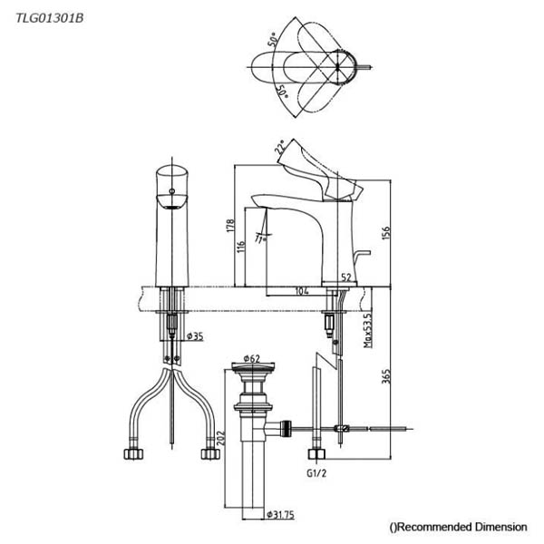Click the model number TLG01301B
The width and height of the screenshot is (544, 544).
(50, 18)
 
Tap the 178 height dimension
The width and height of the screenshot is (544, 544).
(230, 226)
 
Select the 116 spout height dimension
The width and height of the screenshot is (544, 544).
(241, 247)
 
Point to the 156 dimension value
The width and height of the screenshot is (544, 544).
(385, 232)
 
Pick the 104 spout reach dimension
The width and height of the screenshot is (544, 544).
(302, 291)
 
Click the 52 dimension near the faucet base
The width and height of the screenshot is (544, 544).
(346, 277)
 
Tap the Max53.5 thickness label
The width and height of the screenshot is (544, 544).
(367, 330)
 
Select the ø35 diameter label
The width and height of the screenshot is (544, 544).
(195, 335)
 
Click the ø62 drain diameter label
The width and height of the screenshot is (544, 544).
(252, 358)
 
